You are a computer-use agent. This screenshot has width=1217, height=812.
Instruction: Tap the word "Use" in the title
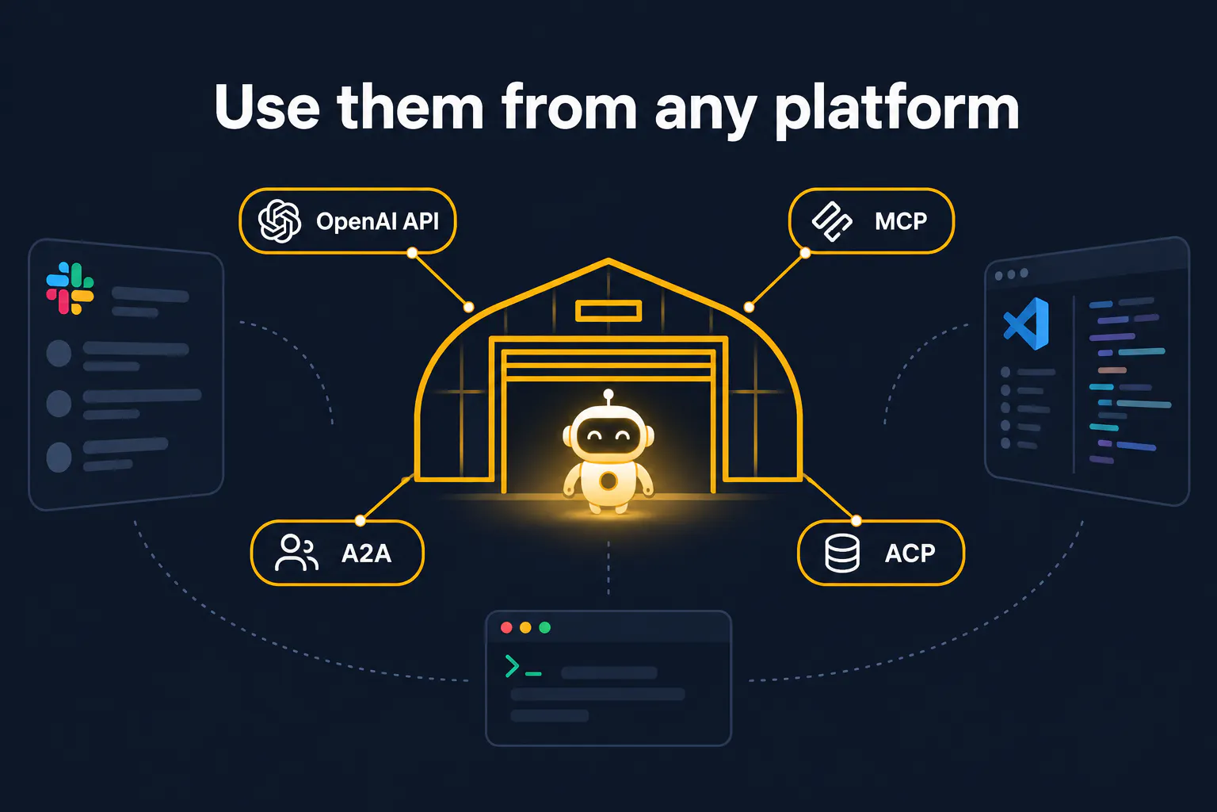click(x=267, y=106)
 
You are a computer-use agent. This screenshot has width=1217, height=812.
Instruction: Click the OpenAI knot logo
click(x=279, y=220)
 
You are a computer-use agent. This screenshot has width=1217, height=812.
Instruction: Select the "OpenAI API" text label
click(x=378, y=221)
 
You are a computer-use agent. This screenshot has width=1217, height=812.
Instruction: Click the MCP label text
click(x=901, y=220)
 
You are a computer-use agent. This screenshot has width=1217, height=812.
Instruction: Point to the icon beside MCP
click(x=832, y=221)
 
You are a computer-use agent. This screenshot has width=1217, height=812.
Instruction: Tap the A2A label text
click(x=366, y=553)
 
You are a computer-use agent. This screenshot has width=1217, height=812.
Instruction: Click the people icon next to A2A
click(x=296, y=553)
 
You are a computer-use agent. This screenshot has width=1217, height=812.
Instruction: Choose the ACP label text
click(x=910, y=553)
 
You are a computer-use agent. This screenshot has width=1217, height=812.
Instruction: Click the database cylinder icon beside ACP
click(x=842, y=553)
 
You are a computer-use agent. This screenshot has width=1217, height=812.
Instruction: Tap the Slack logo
click(x=70, y=289)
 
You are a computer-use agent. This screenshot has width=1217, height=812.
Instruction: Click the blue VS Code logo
click(x=1026, y=324)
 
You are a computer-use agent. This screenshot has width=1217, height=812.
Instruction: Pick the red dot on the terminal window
click(x=506, y=627)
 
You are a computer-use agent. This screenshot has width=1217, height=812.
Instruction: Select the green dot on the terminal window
click(x=544, y=627)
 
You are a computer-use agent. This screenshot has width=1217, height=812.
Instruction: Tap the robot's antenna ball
click(x=608, y=394)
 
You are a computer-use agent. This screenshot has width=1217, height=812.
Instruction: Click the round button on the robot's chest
click(x=608, y=481)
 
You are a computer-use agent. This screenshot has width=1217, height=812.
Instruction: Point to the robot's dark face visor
click(x=608, y=435)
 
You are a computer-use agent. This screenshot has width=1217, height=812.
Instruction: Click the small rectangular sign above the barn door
click(x=608, y=311)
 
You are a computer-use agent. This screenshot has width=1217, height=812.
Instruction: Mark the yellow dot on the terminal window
click(x=525, y=627)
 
